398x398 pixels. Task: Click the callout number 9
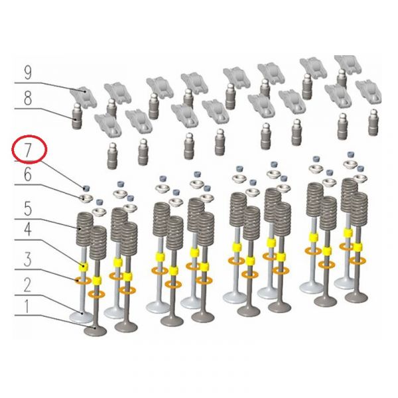point(28,73)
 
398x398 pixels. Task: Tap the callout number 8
point(28,98)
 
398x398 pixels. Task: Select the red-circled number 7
point(28,151)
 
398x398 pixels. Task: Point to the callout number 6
point(28,174)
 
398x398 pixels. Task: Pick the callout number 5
point(28,210)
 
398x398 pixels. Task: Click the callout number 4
point(28,230)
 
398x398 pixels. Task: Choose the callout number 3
point(28,259)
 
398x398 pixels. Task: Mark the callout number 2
point(28,285)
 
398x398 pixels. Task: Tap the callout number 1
point(27,306)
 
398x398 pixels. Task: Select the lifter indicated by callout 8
point(77,116)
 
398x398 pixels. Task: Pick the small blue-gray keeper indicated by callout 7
point(86,188)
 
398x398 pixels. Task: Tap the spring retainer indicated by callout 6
point(85,198)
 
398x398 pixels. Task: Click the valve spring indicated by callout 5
point(85,227)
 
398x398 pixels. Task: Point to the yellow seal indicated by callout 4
point(84,267)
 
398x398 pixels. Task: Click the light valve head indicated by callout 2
point(81,317)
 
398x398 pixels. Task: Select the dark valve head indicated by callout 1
point(95,331)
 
